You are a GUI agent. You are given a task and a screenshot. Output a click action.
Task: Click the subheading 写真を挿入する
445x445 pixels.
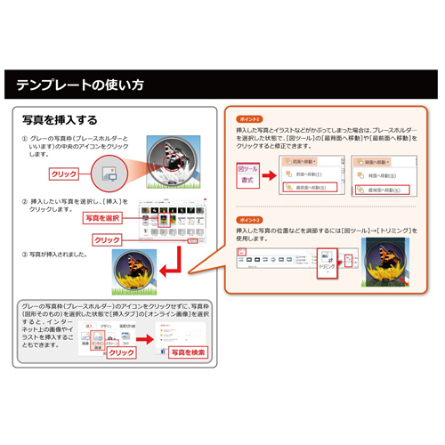pyautogui.click(x=61, y=118)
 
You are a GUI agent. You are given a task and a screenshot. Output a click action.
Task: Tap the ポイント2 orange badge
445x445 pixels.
pyautogui.click(x=248, y=218)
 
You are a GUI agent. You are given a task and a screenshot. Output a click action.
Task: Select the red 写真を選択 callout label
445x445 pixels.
pyautogui.click(x=102, y=218)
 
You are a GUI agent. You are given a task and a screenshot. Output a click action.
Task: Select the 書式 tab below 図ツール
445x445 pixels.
pyautogui.click(x=247, y=181)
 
